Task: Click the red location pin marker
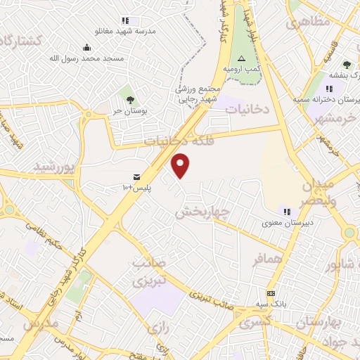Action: (x=181, y=165)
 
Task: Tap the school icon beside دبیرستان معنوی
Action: (x=287, y=211)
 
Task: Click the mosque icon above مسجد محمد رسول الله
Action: (x=86, y=48)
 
